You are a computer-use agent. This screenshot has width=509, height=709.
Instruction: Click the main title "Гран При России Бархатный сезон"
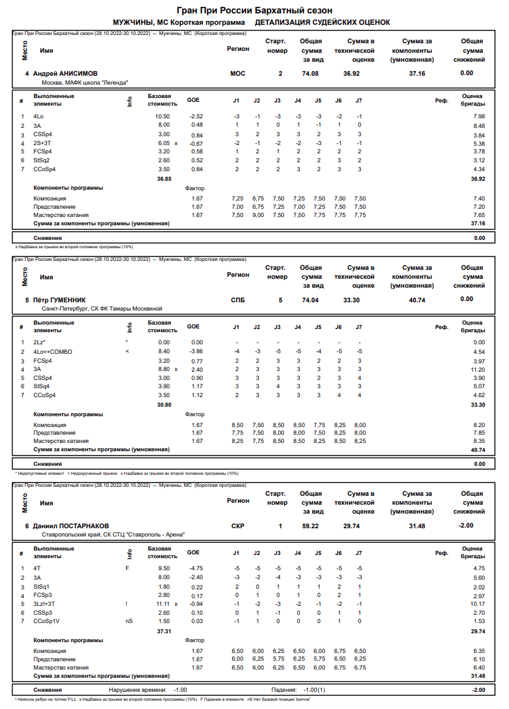coord(254,11)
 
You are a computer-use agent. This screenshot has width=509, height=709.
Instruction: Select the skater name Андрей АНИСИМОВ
coord(66,74)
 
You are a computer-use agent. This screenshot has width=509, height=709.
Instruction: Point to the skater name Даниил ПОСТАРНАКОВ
coord(71,526)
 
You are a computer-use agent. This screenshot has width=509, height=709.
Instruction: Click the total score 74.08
coord(310,74)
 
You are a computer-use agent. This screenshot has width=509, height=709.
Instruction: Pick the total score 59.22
coord(310,526)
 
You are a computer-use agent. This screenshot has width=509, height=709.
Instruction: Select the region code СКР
coord(238,526)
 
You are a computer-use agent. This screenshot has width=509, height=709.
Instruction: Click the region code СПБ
coord(237,300)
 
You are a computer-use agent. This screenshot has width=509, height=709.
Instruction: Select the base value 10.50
coord(163,116)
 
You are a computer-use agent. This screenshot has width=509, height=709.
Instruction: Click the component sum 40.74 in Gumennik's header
coord(417,300)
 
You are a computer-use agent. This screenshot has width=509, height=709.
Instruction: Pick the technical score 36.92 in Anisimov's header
coord(352,74)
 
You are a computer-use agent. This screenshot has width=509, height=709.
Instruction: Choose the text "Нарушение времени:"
coord(138,690)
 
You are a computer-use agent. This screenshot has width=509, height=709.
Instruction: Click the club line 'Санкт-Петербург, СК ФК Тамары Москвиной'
coord(102,308)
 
